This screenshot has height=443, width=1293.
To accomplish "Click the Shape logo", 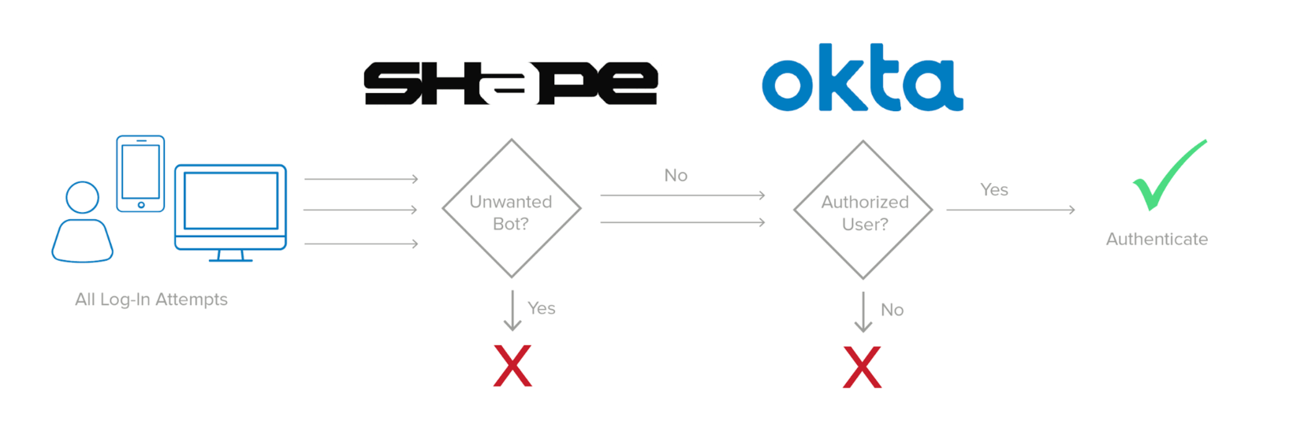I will click(x=510, y=83).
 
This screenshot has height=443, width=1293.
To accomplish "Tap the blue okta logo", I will click(x=862, y=78).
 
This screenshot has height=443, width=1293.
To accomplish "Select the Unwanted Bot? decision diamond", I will click(x=511, y=210).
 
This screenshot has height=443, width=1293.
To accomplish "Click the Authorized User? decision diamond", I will click(x=863, y=210).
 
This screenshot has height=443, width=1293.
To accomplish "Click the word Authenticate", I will click(x=1157, y=239).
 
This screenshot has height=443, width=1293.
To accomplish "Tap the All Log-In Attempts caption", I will click(x=151, y=300).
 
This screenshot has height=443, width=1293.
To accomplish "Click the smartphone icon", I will click(x=140, y=173).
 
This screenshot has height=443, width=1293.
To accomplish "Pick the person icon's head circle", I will click(x=83, y=197).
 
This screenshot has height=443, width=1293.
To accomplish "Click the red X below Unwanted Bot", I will click(x=512, y=366).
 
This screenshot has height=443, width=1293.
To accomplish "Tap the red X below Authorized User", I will click(x=862, y=367).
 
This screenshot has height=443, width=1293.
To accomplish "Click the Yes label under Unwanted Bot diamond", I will click(x=542, y=308).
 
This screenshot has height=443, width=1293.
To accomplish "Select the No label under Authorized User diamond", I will click(x=892, y=310).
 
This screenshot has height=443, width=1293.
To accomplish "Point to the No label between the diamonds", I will click(x=676, y=175).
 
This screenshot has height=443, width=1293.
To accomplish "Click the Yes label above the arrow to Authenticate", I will click(x=994, y=189).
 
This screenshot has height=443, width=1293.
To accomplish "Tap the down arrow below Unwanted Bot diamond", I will click(x=512, y=311).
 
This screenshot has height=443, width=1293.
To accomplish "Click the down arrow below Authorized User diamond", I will click(x=863, y=312).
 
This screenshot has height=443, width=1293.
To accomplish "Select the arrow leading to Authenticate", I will click(x=1010, y=210).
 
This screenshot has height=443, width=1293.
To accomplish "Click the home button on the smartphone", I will click(x=141, y=205).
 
